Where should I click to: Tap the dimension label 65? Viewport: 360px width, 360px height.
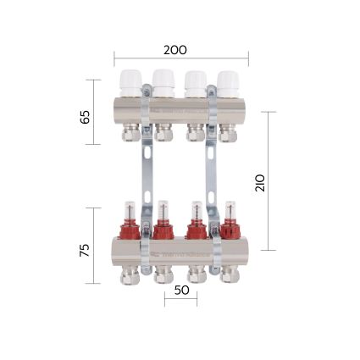point(86,116)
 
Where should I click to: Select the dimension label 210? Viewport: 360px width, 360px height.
point(260,181)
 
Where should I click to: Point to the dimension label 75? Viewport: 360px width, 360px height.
point(85,250)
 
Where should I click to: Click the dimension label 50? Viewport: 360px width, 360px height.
point(180,290)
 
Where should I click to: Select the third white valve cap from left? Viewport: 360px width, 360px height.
point(195,82)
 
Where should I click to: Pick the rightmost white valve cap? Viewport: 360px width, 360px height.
point(227,82)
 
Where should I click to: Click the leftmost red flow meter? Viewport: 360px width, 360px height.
point(128,222)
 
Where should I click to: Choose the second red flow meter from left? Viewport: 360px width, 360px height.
point(162,222)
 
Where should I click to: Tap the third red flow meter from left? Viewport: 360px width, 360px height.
point(196,222)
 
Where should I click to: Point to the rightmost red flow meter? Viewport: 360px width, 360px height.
point(229,222)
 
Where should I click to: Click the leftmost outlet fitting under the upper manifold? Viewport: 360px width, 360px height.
point(128,133)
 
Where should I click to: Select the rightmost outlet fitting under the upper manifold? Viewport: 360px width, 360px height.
point(227,133)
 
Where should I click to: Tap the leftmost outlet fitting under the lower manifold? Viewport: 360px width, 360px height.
point(129,273)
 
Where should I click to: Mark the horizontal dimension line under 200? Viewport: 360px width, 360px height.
point(181,59)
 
